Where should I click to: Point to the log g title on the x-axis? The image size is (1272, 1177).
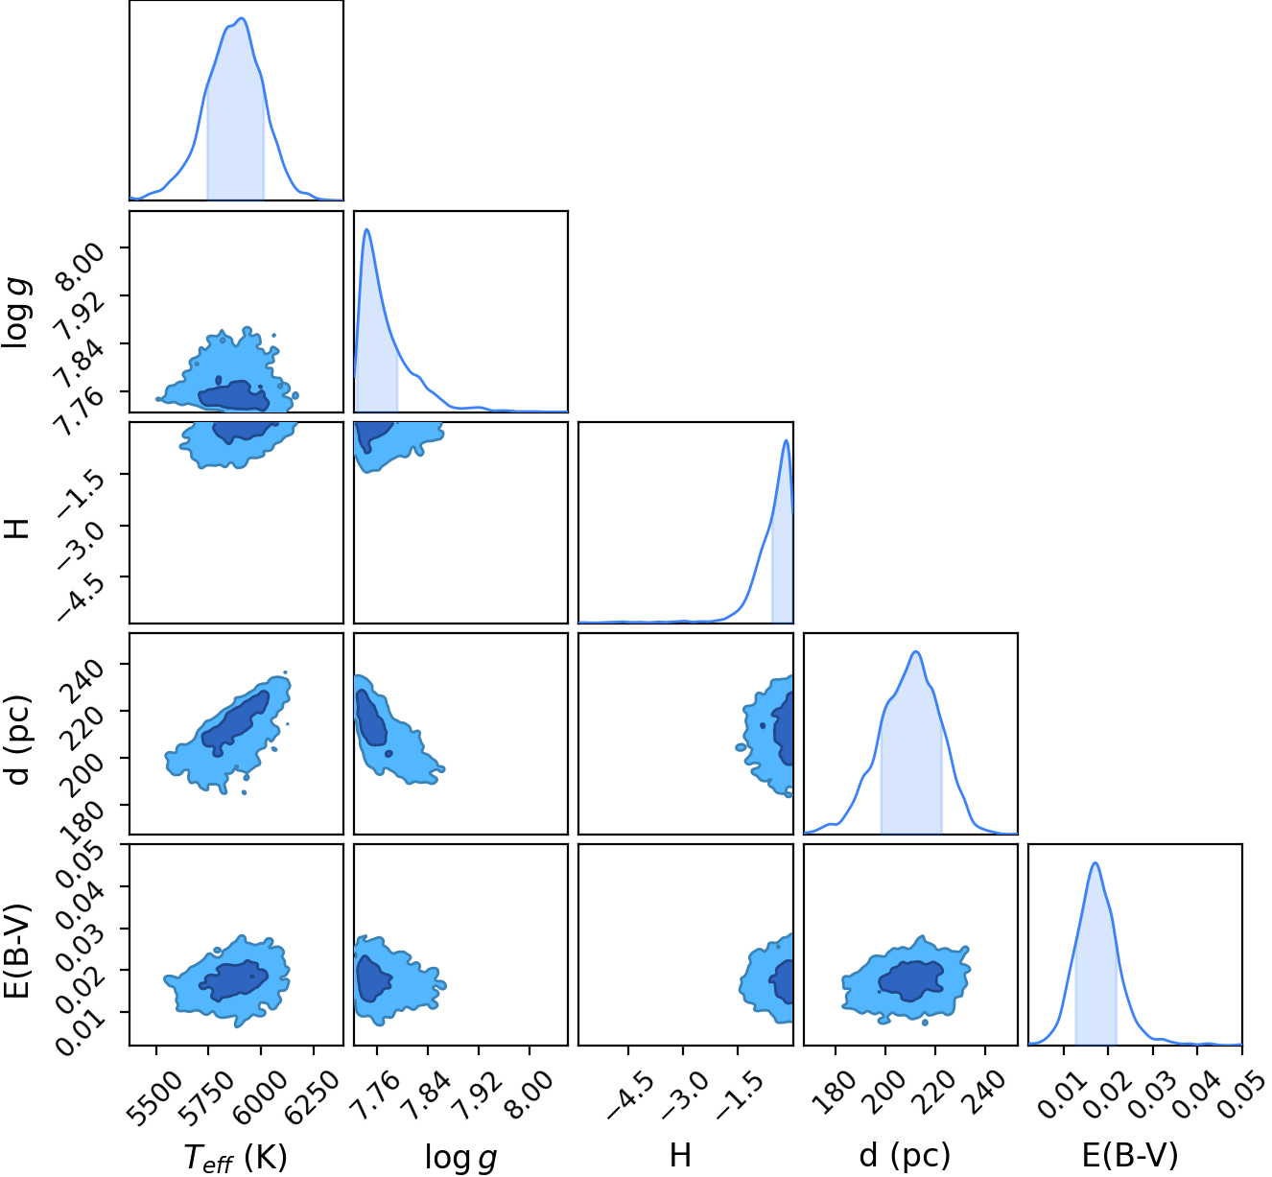(x=461, y=1157)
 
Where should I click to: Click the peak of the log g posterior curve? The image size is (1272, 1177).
(x=367, y=229)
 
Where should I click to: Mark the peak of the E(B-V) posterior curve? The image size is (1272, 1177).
(x=1095, y=862)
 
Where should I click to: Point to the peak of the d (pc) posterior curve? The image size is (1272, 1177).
(x=916, y=651)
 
